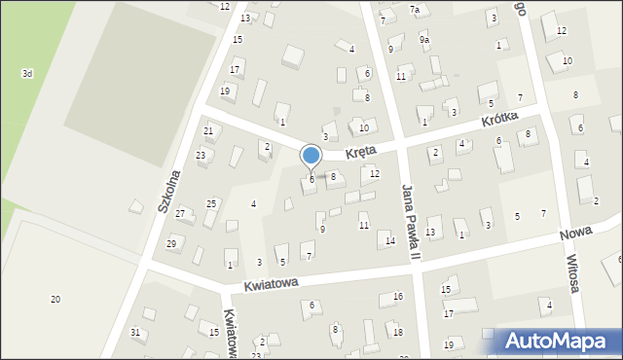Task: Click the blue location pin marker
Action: [x=311, y=157]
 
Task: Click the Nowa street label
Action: [x=576, y=235]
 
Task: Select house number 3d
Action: [x=28, y=74]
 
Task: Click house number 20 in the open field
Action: [x=55, y=299]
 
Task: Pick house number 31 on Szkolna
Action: [x=135, y=333]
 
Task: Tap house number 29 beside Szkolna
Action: [x=171, y=243]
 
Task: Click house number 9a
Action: [x=423, y=40]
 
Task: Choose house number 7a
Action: [x=414, y=10]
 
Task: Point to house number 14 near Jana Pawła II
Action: [x=389, y=240]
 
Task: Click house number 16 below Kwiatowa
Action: [x=397, y=296]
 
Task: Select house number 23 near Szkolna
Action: [x=201, y=156]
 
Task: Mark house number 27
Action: [x=180, y=213]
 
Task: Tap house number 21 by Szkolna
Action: [x=208, y=130]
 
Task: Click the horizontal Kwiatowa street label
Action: [x=271, y=284]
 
